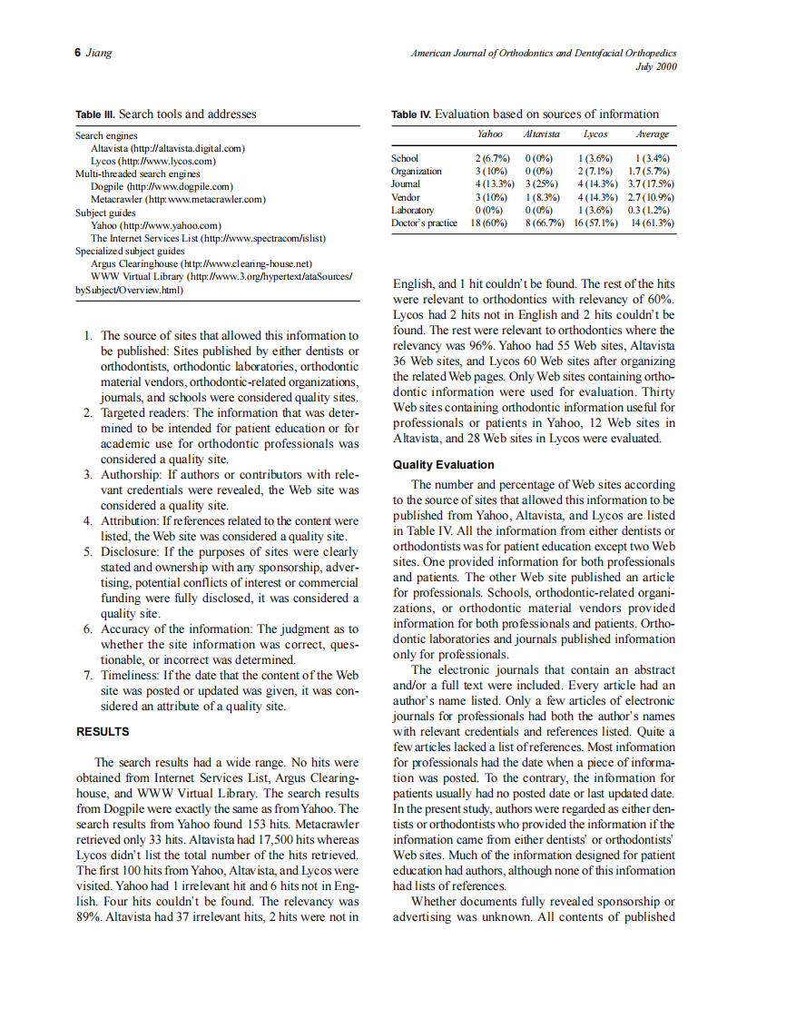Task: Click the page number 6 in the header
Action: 78,54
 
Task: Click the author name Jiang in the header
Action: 99,54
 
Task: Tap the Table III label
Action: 95,114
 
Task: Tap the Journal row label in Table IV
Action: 406,183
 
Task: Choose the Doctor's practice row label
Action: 424,223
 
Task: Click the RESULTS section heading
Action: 103,732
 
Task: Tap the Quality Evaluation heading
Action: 443,465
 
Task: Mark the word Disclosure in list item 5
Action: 128,551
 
